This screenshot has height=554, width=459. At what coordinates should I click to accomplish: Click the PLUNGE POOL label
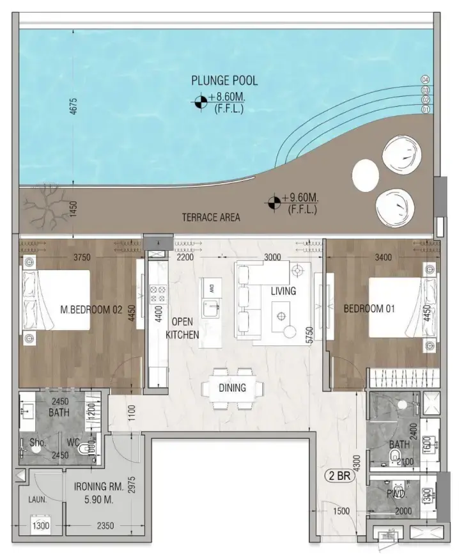(224, 81)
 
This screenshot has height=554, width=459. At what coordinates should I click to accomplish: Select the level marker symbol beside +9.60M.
(274, 202)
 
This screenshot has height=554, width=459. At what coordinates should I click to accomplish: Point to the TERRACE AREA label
(210, 218)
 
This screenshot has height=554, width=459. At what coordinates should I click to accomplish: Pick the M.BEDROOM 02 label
(91, 310)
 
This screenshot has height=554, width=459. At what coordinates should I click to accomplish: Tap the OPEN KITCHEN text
(182, 328)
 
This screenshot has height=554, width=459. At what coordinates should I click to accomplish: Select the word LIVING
(283, 291)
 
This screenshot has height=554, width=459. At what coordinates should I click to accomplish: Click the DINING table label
(232, 388)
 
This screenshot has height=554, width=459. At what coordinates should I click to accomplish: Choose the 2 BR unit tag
(339, 476)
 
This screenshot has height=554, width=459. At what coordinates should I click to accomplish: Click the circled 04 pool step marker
(424, 79)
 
